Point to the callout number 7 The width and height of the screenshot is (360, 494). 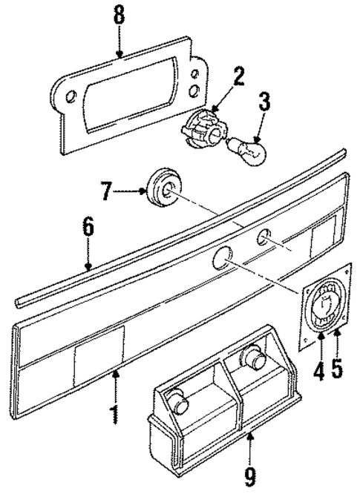click(108, 194)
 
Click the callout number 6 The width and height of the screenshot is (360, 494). click(88, 227)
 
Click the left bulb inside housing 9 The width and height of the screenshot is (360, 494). click(179, 401)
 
